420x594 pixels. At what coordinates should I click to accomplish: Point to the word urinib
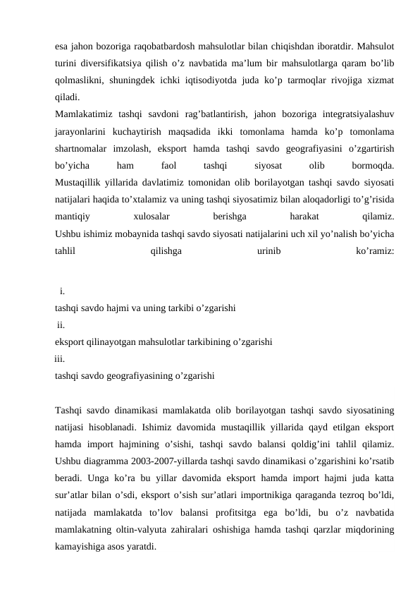[x=268, y=250]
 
